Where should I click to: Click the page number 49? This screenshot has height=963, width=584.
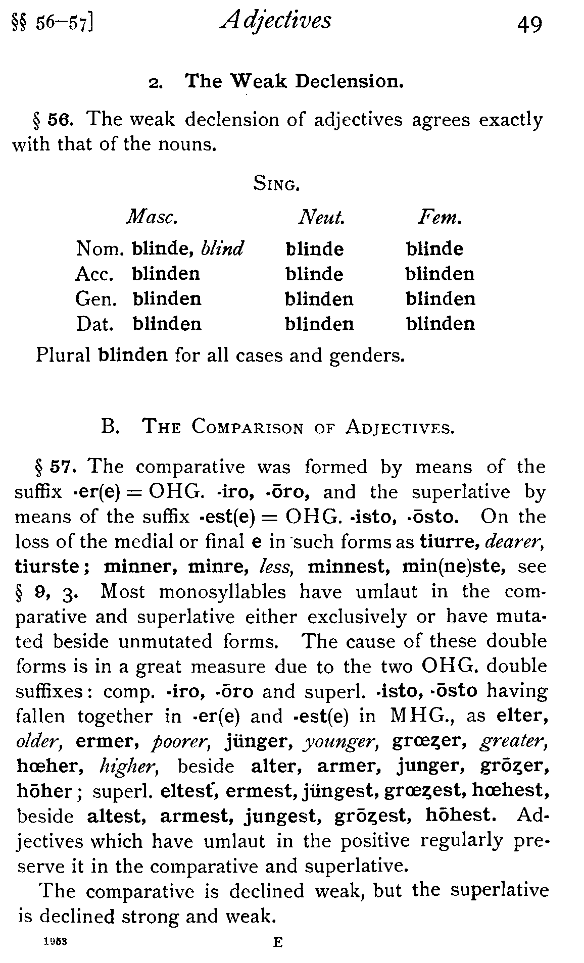(x=529, y=24)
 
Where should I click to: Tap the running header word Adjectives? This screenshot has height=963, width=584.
(x=276, y=22)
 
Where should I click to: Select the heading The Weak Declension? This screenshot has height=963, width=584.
(x=295, y=81)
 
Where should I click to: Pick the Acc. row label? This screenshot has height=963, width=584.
(x=94, y=274)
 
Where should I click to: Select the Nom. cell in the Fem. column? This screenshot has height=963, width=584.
(x=434, y=249)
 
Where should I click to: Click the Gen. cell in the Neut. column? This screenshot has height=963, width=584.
(x=319, y=299)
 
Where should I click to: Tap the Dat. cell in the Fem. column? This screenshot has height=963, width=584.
(x=441, y=324)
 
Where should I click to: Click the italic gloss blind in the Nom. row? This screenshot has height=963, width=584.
(x=223, y=248)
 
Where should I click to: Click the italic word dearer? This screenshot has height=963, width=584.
(x=514, y=542)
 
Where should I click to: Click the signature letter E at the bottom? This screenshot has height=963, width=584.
(x=277, y=942)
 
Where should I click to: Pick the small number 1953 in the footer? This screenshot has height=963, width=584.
(x=56, y=942)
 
